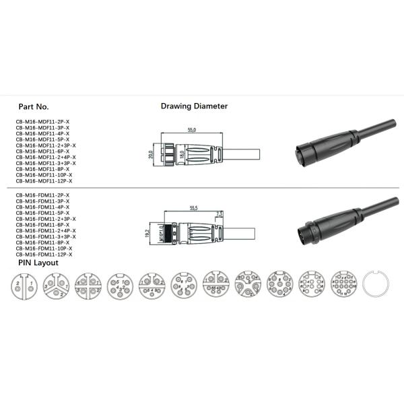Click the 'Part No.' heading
point(34,107)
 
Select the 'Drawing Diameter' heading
point(194,106)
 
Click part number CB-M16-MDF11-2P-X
point(42,122)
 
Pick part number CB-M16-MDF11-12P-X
point(44,181)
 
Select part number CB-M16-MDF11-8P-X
point(42,169)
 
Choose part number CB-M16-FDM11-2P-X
point(42,195)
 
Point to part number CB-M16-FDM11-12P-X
point(44,255)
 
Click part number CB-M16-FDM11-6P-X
point(42,225)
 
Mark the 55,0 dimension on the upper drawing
point(191,130)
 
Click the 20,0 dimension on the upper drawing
point(151,154)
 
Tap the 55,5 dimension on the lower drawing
point(194,208)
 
